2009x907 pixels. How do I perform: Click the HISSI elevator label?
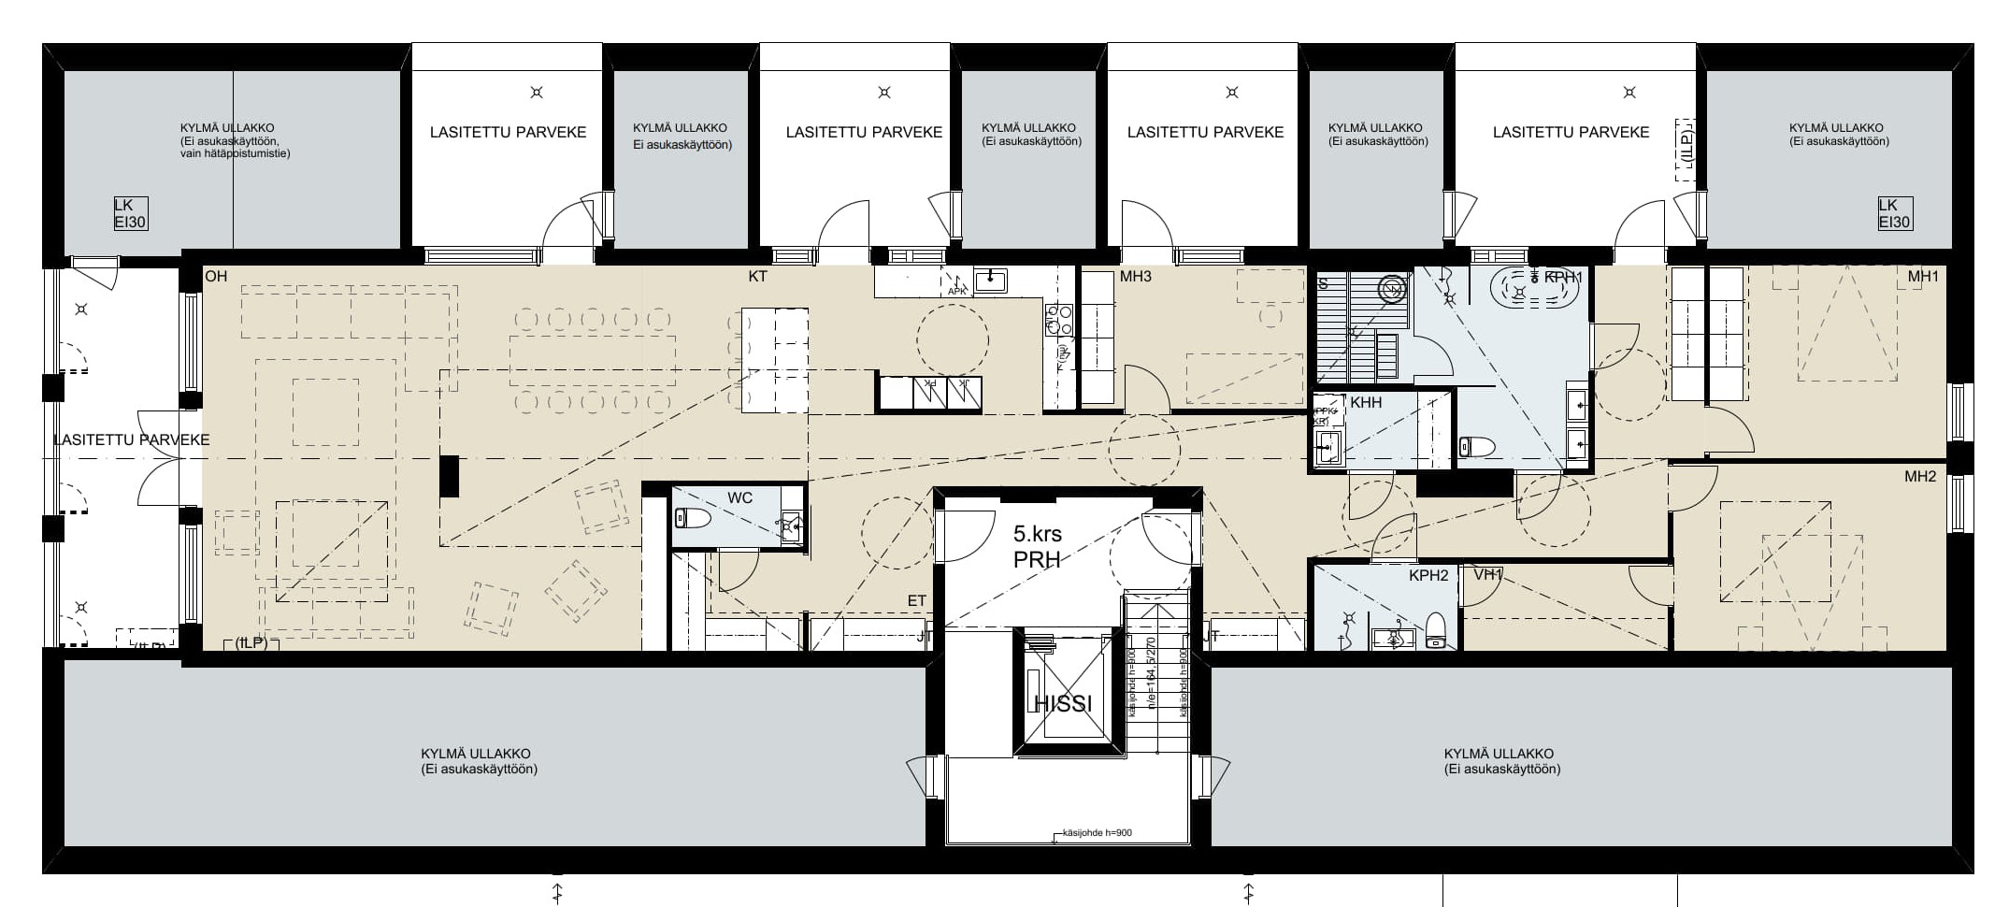click(x=1064, y=704)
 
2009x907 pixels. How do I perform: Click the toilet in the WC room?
click(x=693, y=518)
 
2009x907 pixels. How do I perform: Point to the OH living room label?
click(x=216, y=277)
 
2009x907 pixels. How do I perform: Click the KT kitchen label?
click(x=757, y=277)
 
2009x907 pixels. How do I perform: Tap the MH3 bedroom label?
click(x=1135, y=277)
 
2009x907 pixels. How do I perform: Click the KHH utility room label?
click(x=1366, y=402)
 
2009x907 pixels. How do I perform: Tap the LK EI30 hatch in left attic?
click(x=130, y=214)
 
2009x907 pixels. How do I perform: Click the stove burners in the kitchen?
click(x=1057, y=320)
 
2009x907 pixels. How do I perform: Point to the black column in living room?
click(x=451, y=476)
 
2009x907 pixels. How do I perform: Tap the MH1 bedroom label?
click(x=1924, y=277)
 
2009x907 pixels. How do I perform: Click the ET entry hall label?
click(x=917, y=600)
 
